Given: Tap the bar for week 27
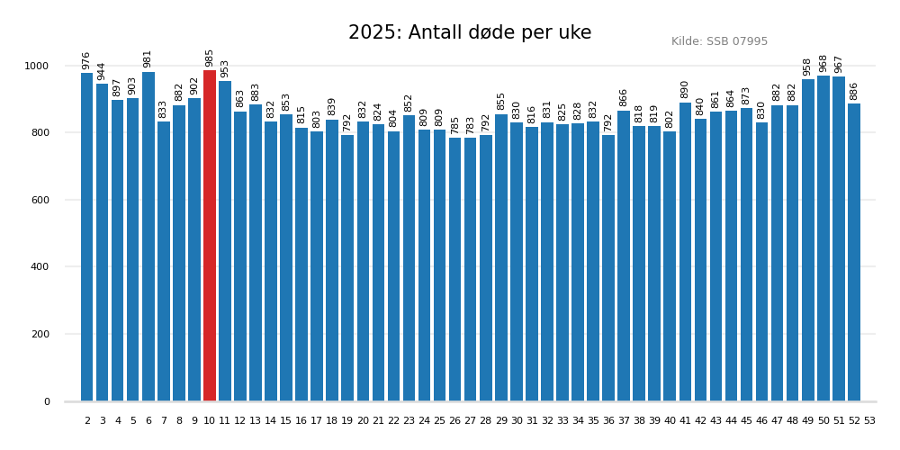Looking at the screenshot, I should point(470,269).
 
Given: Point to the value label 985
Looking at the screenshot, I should point(210,58).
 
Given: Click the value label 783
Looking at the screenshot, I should point(470,125).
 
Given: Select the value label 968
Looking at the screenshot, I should point(823,63).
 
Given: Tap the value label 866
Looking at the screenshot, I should point(624,97).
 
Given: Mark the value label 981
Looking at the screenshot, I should point(148,58).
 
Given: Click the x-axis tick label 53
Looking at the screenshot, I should point(869,421).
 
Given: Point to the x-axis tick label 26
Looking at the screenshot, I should point(454,421).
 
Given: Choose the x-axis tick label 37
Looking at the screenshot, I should point(624,421).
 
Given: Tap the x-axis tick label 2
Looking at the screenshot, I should point(87,421).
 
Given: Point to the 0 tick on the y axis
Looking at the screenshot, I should point(48,401).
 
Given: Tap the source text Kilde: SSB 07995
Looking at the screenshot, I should point(719,41).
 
